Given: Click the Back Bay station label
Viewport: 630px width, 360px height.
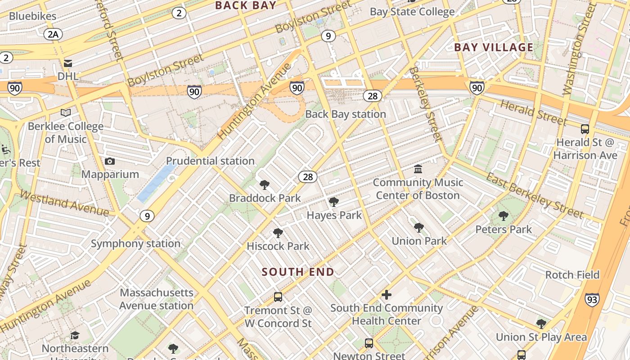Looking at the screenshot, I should (346, 114).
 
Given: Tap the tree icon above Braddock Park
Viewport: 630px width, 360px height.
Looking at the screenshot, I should (265, 185).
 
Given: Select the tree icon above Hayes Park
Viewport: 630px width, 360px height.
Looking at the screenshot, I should (334, 202).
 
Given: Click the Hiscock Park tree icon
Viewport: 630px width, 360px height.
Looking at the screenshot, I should (278, 233).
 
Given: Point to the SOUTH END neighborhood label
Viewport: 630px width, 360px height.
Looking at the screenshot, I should (298, 272).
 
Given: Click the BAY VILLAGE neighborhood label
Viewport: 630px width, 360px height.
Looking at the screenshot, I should (494, 47).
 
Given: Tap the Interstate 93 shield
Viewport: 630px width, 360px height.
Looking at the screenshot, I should (592, 299).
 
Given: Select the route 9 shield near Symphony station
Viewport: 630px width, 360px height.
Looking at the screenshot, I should (147, 216).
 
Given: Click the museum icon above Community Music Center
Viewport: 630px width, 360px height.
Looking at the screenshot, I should (418, 169).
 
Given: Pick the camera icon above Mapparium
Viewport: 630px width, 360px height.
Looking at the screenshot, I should (109, 161).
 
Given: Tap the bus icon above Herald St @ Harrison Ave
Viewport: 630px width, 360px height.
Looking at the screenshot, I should (585, 129).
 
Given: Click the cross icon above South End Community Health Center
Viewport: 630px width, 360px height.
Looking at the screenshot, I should (386, 295).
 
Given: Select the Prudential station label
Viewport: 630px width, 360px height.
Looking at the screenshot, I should (210, 161).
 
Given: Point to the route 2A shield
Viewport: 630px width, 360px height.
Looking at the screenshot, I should (53, 34).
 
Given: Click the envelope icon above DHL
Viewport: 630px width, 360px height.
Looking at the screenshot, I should (68, 63).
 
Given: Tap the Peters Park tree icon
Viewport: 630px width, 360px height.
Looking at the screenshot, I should (504, 216).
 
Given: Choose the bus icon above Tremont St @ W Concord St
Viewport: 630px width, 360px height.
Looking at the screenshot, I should (278, 297).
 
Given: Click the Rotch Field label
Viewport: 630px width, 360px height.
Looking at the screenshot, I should (572, 274).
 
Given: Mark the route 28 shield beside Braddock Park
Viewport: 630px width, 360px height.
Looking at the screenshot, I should (308, 177).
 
